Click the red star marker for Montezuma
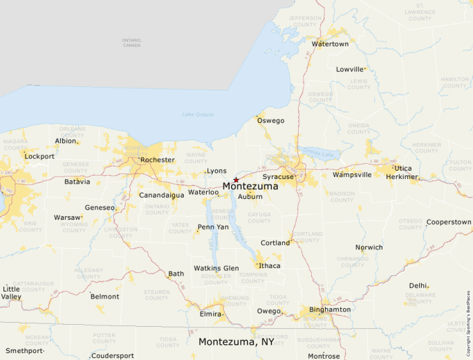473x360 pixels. (236, 180)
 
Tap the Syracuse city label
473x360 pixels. (277, 177)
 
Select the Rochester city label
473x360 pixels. (157, 160)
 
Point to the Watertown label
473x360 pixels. (330, 44)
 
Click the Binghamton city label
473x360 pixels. (330, 310)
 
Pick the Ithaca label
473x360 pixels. (270, 265)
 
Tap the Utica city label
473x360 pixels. (403, 168)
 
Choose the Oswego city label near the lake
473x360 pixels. (270, 121)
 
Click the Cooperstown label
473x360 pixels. (449, 222)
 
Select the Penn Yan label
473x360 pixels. (213, 227)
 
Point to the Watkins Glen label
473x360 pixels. (216, 268)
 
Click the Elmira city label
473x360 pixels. (210, 314)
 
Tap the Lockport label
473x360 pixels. (39, 156)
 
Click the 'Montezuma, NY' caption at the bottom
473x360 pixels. (236, 342)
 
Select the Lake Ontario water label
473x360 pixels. (198, 114)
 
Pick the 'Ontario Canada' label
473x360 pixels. (131, 43)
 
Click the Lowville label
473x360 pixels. (350, 69)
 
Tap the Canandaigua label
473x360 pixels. (162, 195)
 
